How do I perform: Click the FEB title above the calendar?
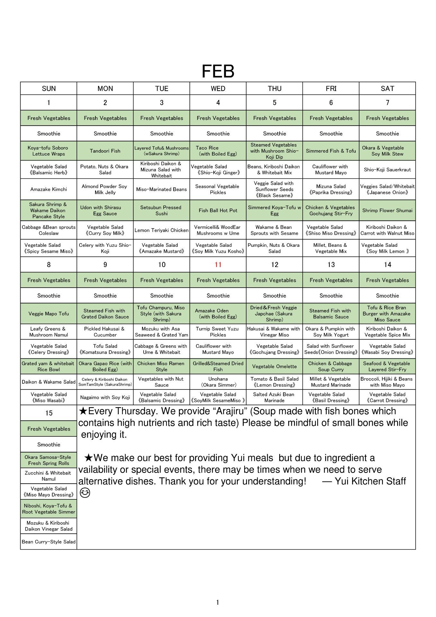click(x=218, y=71)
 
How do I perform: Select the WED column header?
click(x=218, y=88)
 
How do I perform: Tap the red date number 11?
click(x=218, y=264)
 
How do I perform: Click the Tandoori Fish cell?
click(x=105, y=151)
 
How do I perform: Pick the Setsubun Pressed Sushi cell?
click(x=161, y=210)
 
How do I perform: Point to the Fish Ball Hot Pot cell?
click(x=218, y=210)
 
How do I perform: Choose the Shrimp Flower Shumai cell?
click(x=387, y=210)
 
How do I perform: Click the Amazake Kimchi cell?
click(x=49, y=189)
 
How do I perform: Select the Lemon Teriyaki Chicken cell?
click(x=161, y=230)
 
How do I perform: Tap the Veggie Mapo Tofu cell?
click(x=49, y=314)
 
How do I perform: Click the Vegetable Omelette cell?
click(x=274, y=366)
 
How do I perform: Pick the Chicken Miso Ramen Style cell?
click(x=161, y=366)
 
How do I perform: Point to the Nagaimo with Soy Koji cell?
click(x=105, y=397)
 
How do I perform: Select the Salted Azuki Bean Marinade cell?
click(x=274, y=397)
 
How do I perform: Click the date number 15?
click(x=49, y=413)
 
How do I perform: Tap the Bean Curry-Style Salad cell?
click(x=49, y=542)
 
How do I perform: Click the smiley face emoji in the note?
click(x=85, y=493)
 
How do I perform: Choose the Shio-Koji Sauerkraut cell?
click(x=387, y=170)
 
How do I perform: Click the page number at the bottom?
click(x=218, y=602)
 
